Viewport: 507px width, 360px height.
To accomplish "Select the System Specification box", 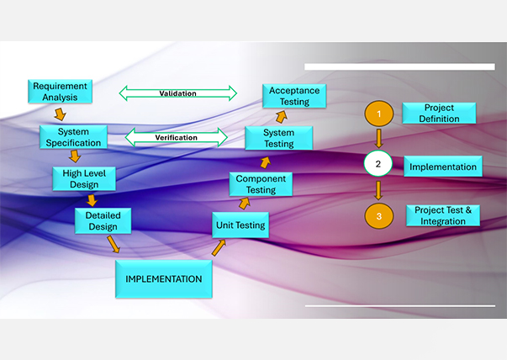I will click(74, 137).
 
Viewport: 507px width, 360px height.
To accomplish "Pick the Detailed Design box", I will click(103, 220).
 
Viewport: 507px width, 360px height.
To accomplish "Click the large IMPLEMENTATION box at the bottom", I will click(163, 278).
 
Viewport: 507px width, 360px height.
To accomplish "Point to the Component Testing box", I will click(261, 184).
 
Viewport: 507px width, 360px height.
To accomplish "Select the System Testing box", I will click(278, 138).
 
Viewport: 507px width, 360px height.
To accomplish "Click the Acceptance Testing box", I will click(295, 96).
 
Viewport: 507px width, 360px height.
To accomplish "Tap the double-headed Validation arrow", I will click(177, 93).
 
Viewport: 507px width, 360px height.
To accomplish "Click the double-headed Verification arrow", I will click(177, 137).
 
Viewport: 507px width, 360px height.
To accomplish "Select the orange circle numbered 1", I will click(379, 113).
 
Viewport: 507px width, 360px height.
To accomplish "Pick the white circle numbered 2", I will click(378, 164).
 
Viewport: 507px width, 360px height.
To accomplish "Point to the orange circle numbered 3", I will click(379, 216).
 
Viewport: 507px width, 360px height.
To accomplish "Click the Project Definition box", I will click(440, 114).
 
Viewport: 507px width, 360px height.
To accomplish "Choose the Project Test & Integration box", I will click(442, 215).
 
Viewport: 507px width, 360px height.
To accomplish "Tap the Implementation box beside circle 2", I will click(442, 167).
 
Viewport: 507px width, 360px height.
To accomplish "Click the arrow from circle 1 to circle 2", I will click(379, 138).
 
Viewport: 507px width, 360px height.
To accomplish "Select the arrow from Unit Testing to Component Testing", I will click(245, 203).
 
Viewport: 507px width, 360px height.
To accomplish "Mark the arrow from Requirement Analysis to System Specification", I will click(61, 114).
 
